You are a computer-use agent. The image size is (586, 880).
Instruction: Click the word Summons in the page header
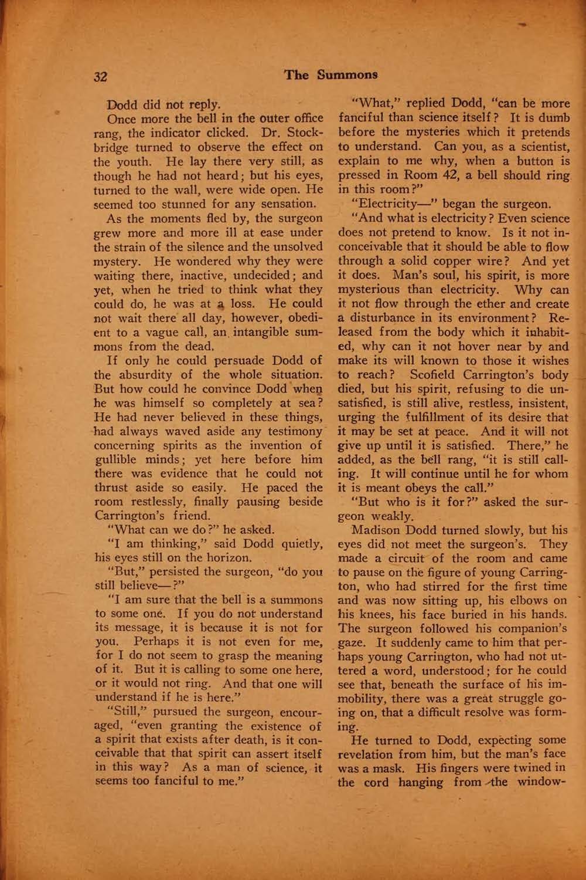pyautogui.click(x=347, y=75)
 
